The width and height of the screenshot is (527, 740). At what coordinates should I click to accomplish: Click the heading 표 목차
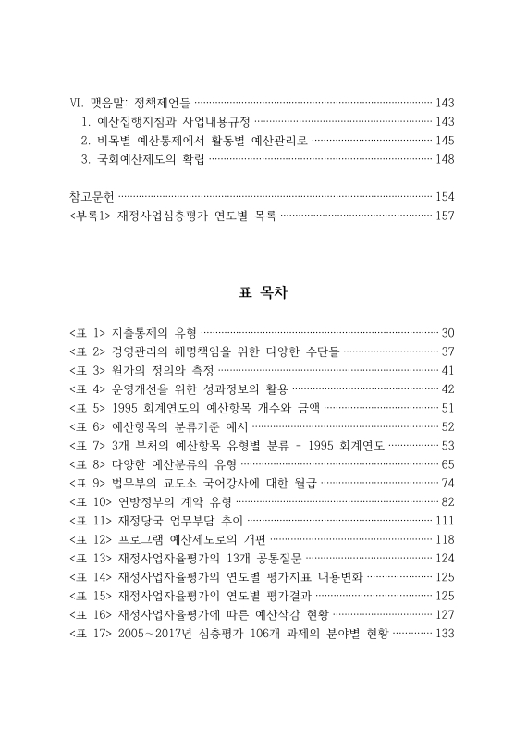(263, 292)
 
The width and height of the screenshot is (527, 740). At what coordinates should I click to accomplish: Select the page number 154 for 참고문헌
(445, 196)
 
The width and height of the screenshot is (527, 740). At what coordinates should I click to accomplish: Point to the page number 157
(445, 216)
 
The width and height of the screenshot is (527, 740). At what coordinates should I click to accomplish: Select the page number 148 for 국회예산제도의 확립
(445, 159)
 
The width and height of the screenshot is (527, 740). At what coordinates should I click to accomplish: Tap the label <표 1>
(87, 332)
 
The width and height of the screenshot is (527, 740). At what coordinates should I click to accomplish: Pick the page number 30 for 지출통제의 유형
(448, 332)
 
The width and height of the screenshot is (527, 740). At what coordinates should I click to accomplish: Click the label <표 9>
(87, 482)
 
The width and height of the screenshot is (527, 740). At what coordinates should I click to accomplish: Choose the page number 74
(448, 482)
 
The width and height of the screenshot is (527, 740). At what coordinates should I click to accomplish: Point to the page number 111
(445, 520)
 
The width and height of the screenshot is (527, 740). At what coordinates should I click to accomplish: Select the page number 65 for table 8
(448, 463)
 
